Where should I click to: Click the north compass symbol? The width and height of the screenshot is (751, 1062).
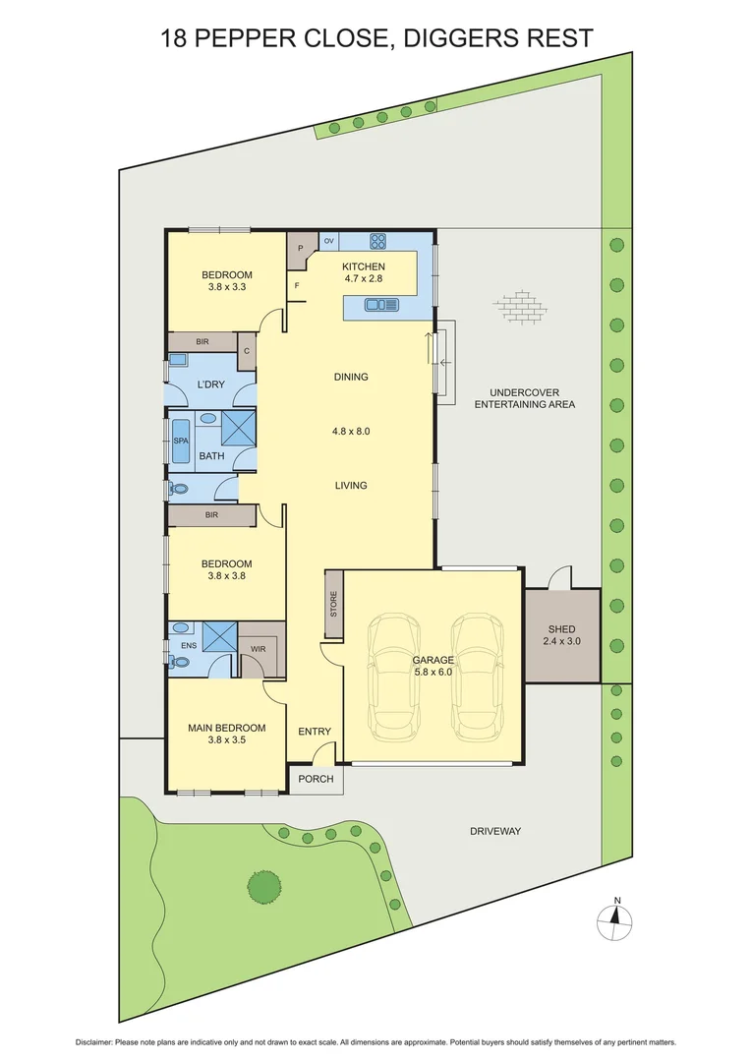tap(616, 920)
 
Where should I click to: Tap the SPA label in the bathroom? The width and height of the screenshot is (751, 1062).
tap(180, 442)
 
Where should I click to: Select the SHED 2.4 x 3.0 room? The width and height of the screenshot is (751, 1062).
tap(561, 635)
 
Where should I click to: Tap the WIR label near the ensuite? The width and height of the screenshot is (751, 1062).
tap(258, 649)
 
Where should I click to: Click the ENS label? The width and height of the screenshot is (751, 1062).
tap(188, 645)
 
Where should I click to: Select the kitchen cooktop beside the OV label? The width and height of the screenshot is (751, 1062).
tap(378, 241)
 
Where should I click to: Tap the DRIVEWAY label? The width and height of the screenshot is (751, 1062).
tap(494, 831)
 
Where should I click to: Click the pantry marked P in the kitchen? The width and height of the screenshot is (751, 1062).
tap(300, 250)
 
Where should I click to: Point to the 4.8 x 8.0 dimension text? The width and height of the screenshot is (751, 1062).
tap(351, 431)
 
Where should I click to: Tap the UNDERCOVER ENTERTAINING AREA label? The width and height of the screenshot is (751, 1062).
tap(524, 397)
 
